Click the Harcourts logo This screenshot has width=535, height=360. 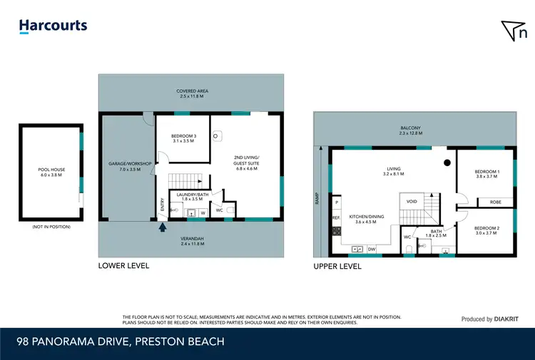pos(53,26)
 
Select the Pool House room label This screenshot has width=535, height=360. pos(51,172)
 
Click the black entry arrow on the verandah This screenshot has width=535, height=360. pos(163,228)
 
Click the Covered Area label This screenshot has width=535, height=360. pos(191,93)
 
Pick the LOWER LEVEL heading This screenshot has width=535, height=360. pos(123,265)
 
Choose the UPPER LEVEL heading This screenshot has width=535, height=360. pos(337,266)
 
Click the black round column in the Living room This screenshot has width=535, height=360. pos(446,163)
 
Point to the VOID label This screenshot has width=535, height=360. pos(412,201)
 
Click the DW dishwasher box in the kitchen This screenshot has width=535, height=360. pos(372,249)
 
